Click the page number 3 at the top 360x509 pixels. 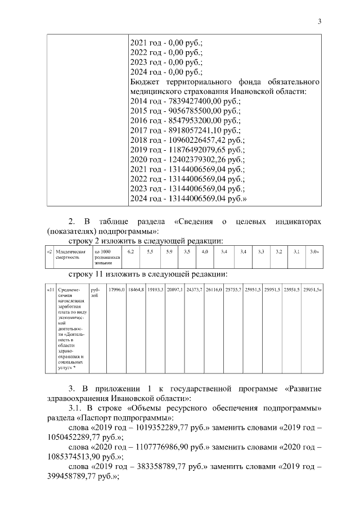[319, 22]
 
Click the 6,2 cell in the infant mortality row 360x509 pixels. [131, 251]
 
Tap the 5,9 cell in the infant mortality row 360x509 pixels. [168, 251]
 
